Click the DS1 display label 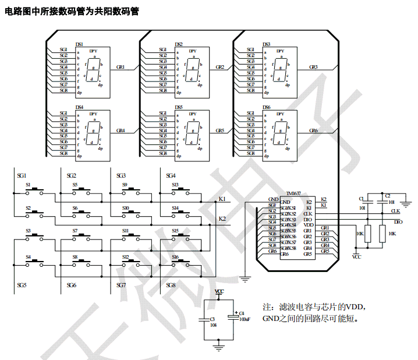pyautogui.click(x=80, y=44)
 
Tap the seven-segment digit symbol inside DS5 pyautogui.click(x=190, y=133)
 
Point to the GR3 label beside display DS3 pyautogui.click(x=313, y=68)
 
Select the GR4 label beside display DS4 pyautogui.click(x=121, y=131)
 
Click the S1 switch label pyautogui.click(x=28, y=185)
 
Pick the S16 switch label pyautogui.click(x=175, y=256)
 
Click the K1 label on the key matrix pyautogui.click(x=222, y=199)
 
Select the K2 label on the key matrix pyautogui.click(x=222, y=218)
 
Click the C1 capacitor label pyautogui.click(x=362, y=199)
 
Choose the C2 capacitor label pyautogui.click(x=388, y=196)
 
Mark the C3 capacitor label pyautogui.click(x=212, y=319)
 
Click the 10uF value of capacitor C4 pyautogui.click(x=245, y=319)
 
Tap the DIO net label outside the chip pyautogui.click(x=398, y=222)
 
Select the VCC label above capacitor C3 pyautogui.click(x=219, y=291)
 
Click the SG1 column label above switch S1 pyautogui.click(x=22, y=175)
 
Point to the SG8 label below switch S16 pyautogui.click(x=171, y=285)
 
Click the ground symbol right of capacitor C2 pyautogui.click(x=406, y=203)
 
